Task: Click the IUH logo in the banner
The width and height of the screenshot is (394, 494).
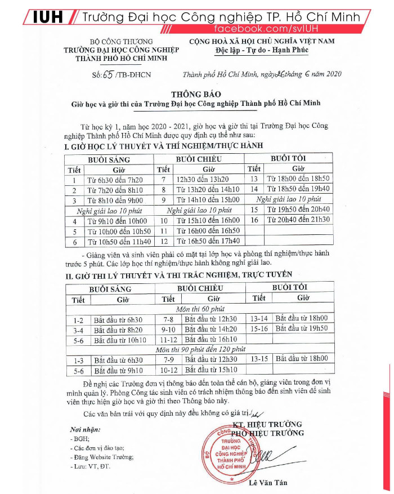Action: click(x=50, y=17)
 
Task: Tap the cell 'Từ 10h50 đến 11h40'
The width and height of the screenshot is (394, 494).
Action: click(x=118, y=242)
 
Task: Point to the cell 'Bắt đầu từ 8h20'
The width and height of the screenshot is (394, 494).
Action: click(x=118, y=330)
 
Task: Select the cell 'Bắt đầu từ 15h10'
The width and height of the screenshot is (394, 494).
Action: click(x=211, y=370)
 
